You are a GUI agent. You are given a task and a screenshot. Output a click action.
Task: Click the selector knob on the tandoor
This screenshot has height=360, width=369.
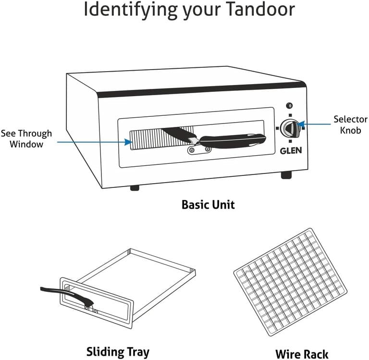(x=290, y=128)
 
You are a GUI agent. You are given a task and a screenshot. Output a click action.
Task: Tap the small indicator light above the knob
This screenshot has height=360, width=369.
(x=289, y=106)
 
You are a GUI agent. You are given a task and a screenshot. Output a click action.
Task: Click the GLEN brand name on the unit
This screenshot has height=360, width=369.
(x=291, y=150)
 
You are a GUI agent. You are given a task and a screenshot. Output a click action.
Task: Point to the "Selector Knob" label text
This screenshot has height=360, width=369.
(x=350, y=124)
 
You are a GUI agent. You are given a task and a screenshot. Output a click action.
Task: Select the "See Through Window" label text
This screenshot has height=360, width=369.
(x=26, y=139)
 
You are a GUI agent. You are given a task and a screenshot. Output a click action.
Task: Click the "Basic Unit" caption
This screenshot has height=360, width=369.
(x=208, y=205)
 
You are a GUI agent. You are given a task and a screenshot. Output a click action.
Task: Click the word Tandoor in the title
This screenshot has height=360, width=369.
(x=260, y=9)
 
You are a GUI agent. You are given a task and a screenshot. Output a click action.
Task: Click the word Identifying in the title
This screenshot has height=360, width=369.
(x=130, y=10)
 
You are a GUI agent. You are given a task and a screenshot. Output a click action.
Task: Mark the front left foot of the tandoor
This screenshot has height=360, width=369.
(x=135, y=188)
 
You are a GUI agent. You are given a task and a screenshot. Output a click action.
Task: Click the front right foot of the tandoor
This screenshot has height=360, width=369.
(x=286, y=175)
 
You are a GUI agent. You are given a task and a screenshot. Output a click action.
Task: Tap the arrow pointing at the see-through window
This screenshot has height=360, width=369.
(x=95, y=142)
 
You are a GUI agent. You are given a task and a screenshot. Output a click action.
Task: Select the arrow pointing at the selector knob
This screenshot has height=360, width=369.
(x=314, y=124)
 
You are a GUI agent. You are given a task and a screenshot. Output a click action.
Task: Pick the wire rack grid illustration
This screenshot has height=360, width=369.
(x=290, y=282)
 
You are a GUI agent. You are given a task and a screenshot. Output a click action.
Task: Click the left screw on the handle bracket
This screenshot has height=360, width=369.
(x=192, y=150)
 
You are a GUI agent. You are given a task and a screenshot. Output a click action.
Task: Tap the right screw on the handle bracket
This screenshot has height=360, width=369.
(x=208, y=149)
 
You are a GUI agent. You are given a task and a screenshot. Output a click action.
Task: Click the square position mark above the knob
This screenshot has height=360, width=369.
(x=290, y=115)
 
